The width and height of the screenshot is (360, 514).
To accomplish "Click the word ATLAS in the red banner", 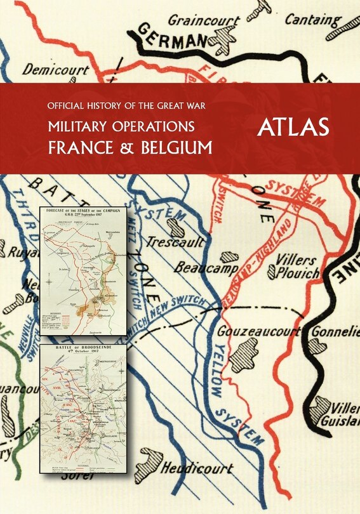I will (293, 127).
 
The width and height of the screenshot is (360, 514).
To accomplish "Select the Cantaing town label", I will (313, 20).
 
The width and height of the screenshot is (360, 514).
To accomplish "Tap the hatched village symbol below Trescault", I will (175, 228).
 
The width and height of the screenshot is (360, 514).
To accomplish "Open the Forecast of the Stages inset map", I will (83, 271).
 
